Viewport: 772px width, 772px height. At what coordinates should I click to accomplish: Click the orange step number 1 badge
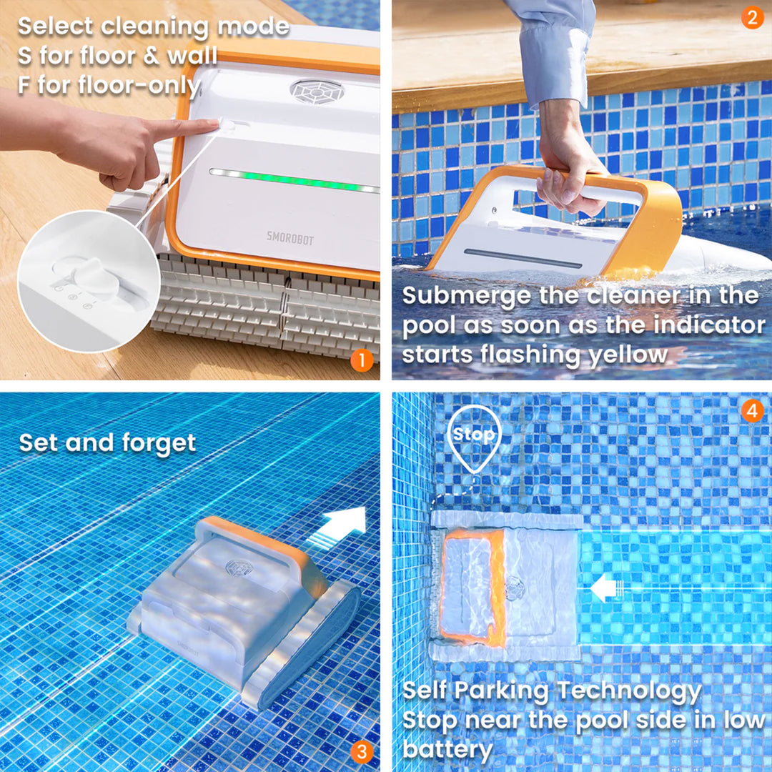362,361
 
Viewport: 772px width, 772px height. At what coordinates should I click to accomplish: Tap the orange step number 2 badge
752,16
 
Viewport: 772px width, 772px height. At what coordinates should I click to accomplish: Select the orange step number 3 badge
362,751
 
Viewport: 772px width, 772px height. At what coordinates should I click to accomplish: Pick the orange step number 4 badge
752,410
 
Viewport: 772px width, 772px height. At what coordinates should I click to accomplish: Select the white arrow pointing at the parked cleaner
606,589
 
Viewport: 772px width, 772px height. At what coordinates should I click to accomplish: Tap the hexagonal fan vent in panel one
317,91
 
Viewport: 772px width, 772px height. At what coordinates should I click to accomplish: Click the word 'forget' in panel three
159,443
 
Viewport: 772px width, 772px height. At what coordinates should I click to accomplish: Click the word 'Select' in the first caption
55,27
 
